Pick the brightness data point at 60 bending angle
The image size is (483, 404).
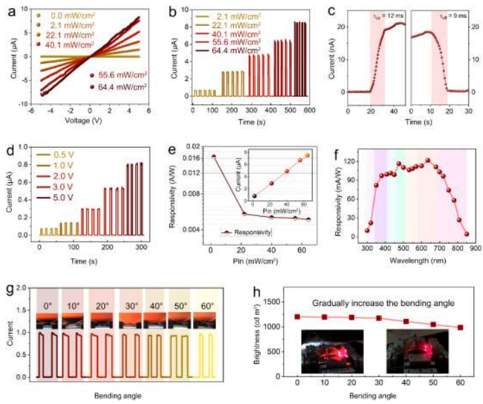[x=460, y=327]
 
